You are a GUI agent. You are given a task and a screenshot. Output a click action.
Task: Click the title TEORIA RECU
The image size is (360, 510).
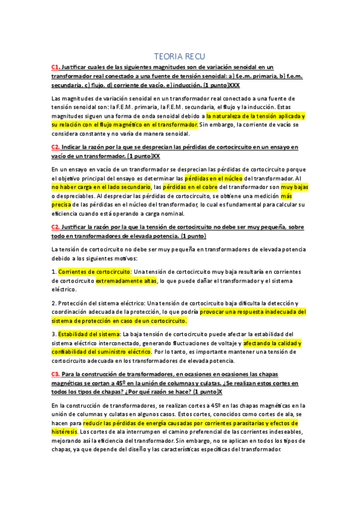180,56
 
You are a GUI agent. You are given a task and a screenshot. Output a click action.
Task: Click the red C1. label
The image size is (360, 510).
55,67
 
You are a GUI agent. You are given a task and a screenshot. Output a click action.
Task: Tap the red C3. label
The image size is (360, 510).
55,374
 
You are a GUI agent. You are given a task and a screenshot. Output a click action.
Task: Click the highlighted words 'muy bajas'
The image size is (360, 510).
294,188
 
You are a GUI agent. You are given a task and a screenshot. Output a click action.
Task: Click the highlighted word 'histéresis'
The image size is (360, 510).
64,431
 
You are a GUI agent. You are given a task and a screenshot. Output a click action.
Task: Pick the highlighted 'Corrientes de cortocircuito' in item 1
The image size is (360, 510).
94,271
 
